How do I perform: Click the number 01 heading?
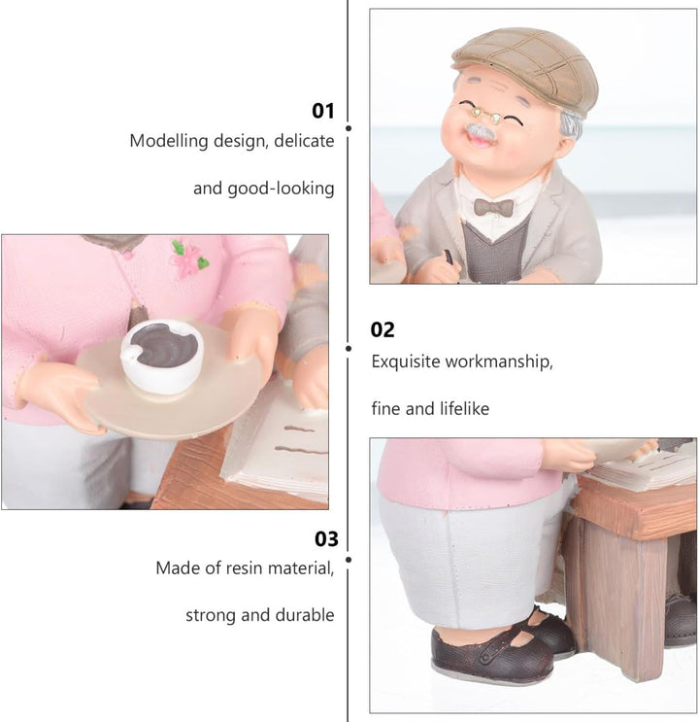point(323,111)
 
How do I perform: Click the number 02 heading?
point(383,329)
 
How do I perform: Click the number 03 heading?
point(326,538)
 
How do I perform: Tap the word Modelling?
point(169,141)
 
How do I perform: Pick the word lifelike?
point(464,408)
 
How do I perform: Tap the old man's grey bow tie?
point(494,207)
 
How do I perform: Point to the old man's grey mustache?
point(480,132)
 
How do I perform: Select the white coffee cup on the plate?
point(161,356)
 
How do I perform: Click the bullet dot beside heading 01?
point(349,128)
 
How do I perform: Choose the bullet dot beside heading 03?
point(349,560)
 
